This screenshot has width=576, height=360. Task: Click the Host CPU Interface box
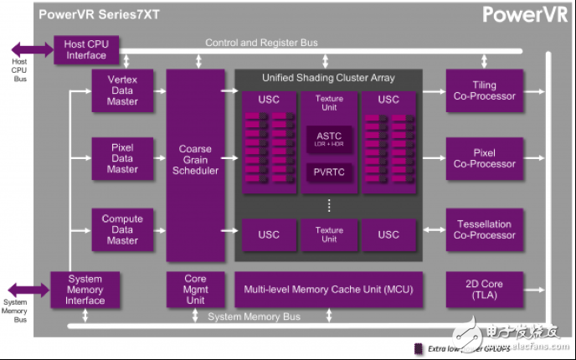click(x=86, y=49)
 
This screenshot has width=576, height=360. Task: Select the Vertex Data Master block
click(x=122, y=90)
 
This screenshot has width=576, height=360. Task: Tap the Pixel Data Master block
click(x=122, y=158)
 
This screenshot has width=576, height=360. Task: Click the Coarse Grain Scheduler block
click(x=195, y=159)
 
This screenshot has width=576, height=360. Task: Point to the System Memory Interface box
click(x=85, y=290)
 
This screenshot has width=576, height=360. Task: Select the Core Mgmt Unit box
click(x=195, y=290)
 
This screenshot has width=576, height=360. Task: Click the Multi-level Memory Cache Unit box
click(x=328, y=290)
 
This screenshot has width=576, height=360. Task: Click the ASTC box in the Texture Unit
click(x=329, y=136)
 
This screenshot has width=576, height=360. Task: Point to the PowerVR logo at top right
click(x=526, y=15)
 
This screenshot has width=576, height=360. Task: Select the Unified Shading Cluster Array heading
click(x=329, y=78)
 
